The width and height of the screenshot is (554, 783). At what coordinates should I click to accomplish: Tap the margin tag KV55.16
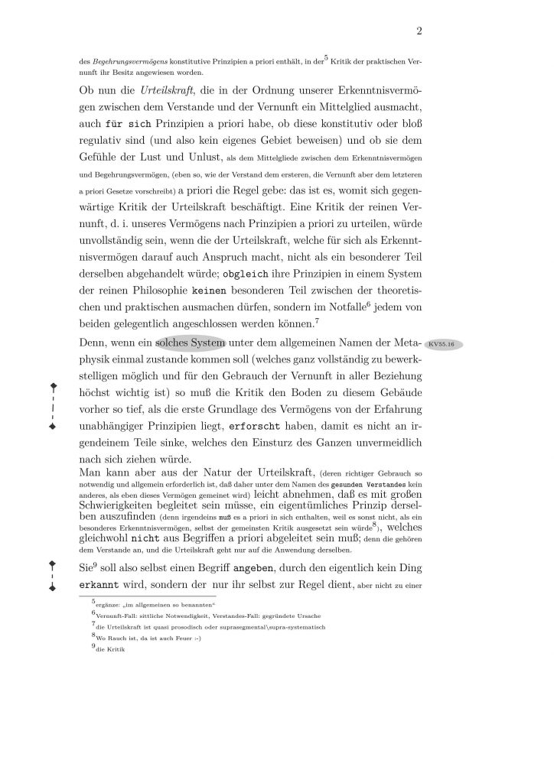point(443,345)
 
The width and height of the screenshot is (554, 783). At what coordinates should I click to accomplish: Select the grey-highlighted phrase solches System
point(191,345)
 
